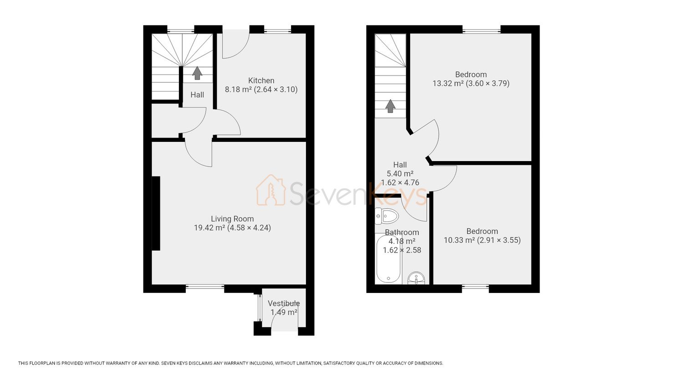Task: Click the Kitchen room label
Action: (x=261, y=81)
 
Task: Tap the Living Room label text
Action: (x=232, y=219)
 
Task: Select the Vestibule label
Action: (x=284, y=303)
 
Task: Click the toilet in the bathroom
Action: (x=387, y=216)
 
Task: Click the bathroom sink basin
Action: (x=416, y=278)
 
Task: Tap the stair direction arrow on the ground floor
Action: (x=197, y=73)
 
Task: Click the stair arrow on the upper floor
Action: (x=390, y=106)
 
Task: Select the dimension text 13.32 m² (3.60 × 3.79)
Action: (x=471, y=84)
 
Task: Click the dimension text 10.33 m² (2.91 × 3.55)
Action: (x=482, y=240)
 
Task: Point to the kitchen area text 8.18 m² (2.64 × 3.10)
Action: (x=261, y=90)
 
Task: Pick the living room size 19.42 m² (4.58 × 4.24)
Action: (x=232, y=227)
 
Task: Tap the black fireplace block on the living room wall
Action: (x=156, y=213)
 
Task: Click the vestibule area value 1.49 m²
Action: (x=284, y=313)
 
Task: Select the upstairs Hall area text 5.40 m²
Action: (x=400, y=174)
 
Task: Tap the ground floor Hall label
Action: (x=197, y=95)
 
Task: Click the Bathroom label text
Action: (x=402, y=232)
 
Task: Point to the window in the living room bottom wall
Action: (x=205, y=287)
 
